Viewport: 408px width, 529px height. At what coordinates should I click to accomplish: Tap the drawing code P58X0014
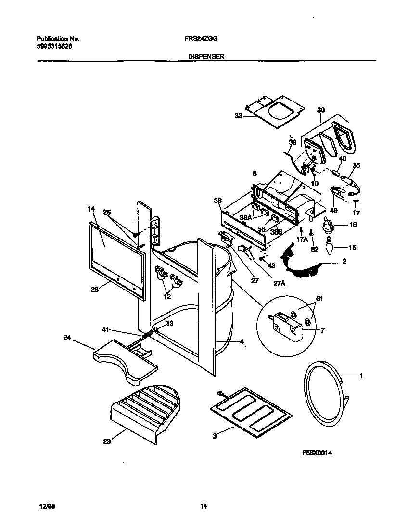tap(318, 453)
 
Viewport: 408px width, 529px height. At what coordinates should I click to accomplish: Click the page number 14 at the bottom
tap(204, 506)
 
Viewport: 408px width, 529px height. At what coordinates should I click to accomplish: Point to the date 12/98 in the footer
tap(44, 506)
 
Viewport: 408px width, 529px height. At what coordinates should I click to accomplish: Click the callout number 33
tap(239, 116)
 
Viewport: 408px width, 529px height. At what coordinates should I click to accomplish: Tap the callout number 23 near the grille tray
tap(107, 441)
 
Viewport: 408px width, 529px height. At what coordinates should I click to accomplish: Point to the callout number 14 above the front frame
tap(91, 210)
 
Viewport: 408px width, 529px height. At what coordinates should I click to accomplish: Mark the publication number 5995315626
tap(55, 46)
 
